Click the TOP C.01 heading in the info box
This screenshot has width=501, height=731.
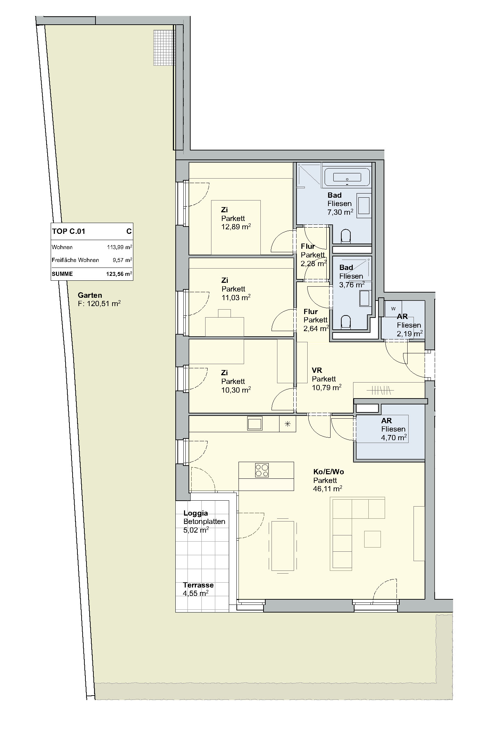coord(69,231)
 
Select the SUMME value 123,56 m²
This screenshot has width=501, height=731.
coord(119,274)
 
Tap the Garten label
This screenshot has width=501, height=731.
coord(90,295)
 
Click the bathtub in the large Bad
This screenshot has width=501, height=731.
coord(348,177)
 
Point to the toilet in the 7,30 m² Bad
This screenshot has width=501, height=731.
coord(346,236)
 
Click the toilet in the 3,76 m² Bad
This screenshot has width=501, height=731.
coord(346,321)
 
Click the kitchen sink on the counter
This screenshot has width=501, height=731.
coord(255,424)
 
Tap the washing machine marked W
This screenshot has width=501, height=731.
coord(393,308)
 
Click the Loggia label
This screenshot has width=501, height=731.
coord(196,513)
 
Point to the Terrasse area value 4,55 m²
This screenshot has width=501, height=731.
coord(196,593)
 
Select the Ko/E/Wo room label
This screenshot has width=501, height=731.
coord(328,472)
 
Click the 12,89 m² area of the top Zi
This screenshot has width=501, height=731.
coord(236,227)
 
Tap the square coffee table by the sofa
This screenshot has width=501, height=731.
coord(373,539)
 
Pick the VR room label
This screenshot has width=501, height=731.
coord(317,370)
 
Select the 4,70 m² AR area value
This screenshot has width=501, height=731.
coord(394,437)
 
